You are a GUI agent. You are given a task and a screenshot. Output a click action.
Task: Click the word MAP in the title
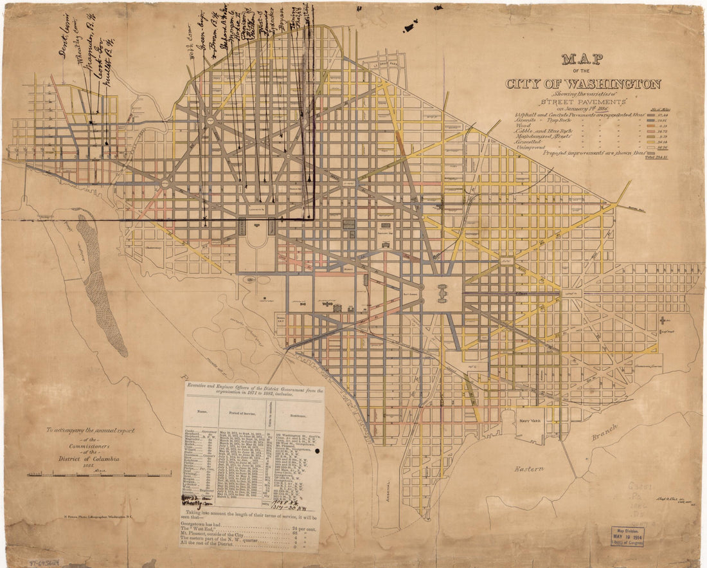click(582, 60)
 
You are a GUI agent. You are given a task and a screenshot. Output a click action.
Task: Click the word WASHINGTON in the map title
click(610, 84)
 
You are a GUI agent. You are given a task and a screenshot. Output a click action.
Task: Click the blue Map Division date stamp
click(627, 536)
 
